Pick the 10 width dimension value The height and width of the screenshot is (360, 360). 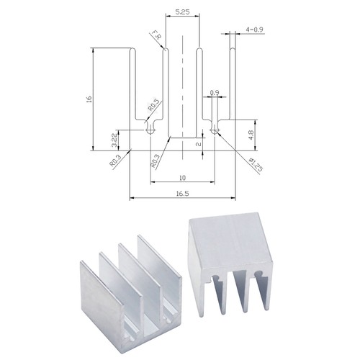point(183,177)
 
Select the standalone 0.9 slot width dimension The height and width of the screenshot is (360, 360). point(215,93)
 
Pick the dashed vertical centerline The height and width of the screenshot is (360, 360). point(182,86)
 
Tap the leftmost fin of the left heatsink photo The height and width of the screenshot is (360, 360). point(90,288)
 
